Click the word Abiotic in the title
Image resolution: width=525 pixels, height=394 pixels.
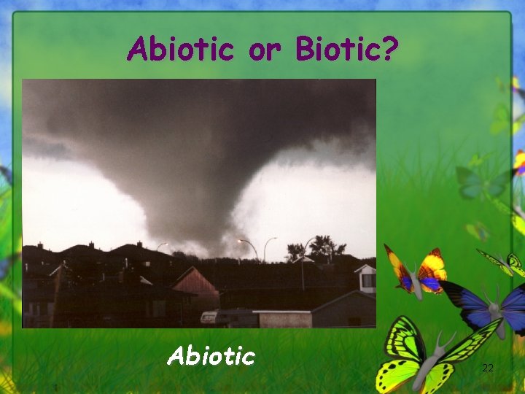click(180, 49)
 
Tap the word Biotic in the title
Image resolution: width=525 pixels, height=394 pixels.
click(338, 49)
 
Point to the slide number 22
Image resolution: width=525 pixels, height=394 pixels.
click(488, 368)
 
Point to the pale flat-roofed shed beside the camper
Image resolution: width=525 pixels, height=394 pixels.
click(284, 319)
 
